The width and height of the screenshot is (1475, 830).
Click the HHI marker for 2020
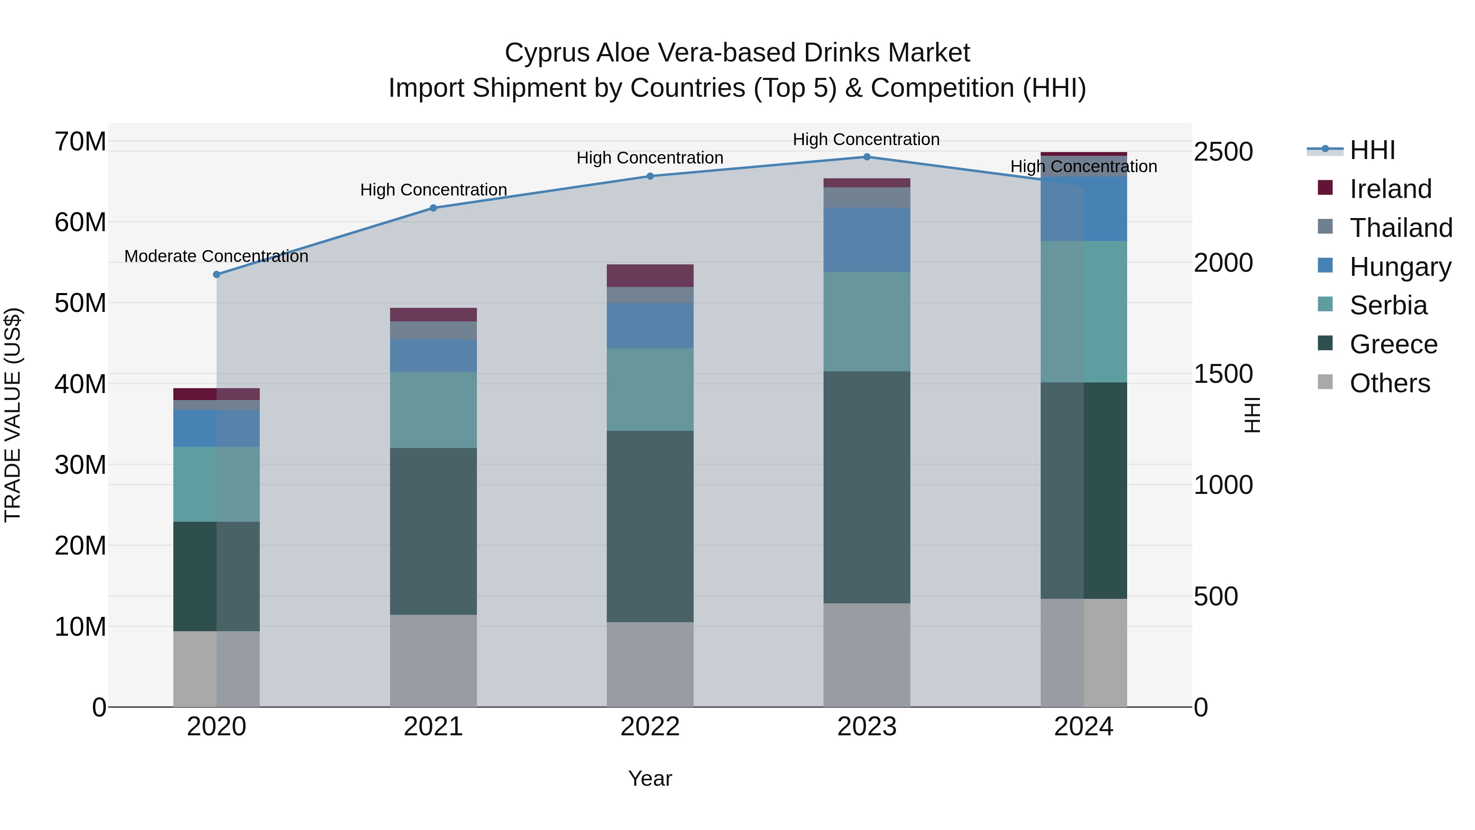coord(216,274)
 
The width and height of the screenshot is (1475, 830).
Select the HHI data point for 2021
coord(433,208)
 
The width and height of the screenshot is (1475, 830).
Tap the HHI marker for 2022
coord(650,176)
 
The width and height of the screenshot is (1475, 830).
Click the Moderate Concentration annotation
coord(216,256)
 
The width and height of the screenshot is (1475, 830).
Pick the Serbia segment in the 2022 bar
coord(650,389)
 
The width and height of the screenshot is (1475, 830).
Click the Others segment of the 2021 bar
coord(433,660)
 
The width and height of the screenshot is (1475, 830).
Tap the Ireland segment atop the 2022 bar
coord(650,275)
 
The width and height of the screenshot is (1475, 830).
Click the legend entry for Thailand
coord(1400,228)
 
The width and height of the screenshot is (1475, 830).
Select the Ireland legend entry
coord(1390,189)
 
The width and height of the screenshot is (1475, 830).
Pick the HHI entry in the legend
coord(1372,150)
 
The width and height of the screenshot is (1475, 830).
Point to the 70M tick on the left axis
coord(80,141)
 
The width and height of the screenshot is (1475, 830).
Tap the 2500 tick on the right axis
coord(1223,152)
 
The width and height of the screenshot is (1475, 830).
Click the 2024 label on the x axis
coord(1083,727)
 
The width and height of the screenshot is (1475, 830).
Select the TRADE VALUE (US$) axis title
coord(13,415)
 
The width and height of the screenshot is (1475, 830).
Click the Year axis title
coord(650,778)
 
